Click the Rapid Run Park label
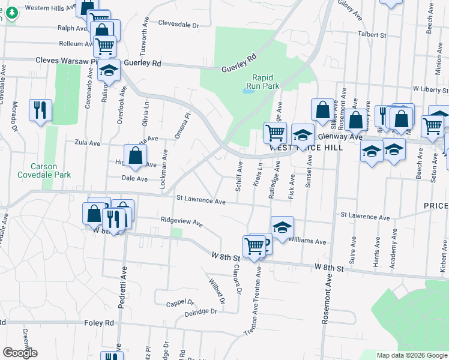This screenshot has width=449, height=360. pyautogui.click(x=266, y=82)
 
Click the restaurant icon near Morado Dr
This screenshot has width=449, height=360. pyautogui.click(x=40, y=110)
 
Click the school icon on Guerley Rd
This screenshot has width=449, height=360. pyautogui.click(x=109, y=71)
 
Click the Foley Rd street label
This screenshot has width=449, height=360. pyautogui.click(x=100, y=322)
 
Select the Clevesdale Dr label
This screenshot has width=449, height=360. pyautogui.click(x=178, y=25)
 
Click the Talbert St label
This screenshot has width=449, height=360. pyautogui.click(x=372, y=35)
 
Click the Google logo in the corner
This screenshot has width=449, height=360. pyautogui.click(x=20, y=353)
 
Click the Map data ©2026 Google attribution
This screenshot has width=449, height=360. pyautogui.click(x=412, y=355)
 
